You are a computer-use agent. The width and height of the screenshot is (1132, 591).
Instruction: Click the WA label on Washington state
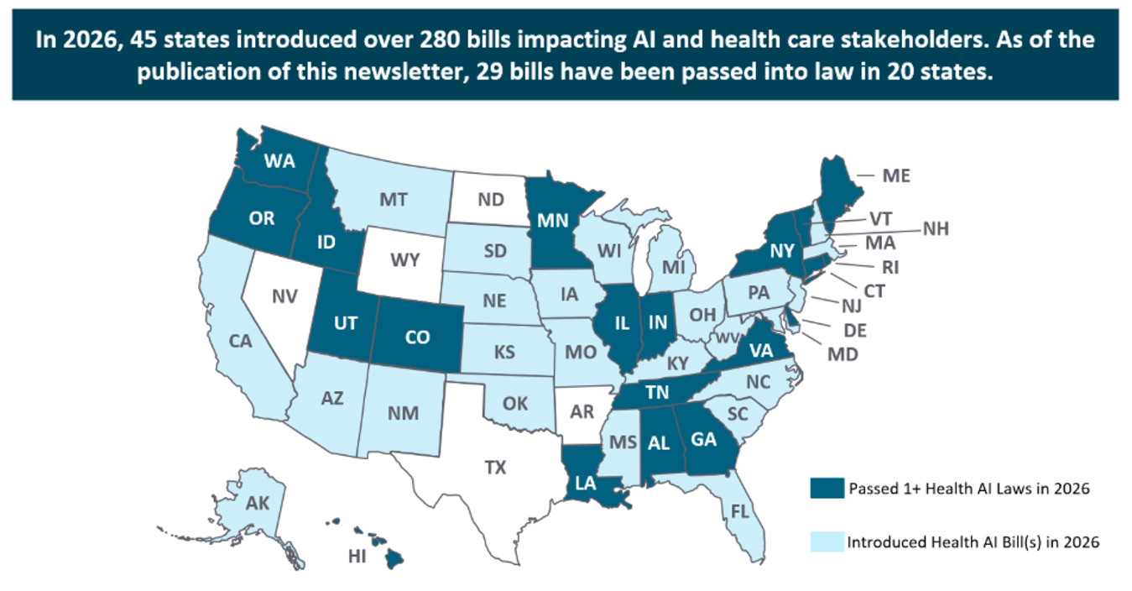279,161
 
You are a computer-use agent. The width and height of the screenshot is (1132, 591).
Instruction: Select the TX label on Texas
495,468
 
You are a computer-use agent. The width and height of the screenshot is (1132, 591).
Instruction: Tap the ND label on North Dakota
491,200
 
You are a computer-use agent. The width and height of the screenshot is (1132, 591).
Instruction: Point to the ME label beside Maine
896,176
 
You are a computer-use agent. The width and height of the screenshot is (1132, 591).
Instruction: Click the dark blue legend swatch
827,489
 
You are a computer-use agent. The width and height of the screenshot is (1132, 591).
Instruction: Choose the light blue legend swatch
827,541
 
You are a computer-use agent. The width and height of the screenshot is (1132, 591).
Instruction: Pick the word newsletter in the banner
409,72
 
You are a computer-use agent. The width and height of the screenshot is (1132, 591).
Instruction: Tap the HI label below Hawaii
357,557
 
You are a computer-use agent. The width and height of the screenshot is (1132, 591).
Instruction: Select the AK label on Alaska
258,504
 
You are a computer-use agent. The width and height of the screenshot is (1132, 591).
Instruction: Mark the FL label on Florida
740,511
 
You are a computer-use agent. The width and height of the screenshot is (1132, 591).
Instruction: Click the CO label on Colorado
417,337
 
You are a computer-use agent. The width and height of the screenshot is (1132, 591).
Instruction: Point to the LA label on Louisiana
585,484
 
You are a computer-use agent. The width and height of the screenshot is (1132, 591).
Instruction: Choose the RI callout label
890,268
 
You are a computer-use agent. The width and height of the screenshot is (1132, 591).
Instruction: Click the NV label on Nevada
284,296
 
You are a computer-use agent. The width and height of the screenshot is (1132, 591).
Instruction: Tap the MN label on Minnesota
552,221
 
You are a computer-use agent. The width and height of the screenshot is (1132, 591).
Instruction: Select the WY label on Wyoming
404,260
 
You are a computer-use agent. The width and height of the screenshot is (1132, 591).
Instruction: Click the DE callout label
855,331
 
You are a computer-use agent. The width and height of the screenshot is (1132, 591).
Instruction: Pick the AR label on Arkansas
582,412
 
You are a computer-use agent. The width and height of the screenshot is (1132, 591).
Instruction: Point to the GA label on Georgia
703,439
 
